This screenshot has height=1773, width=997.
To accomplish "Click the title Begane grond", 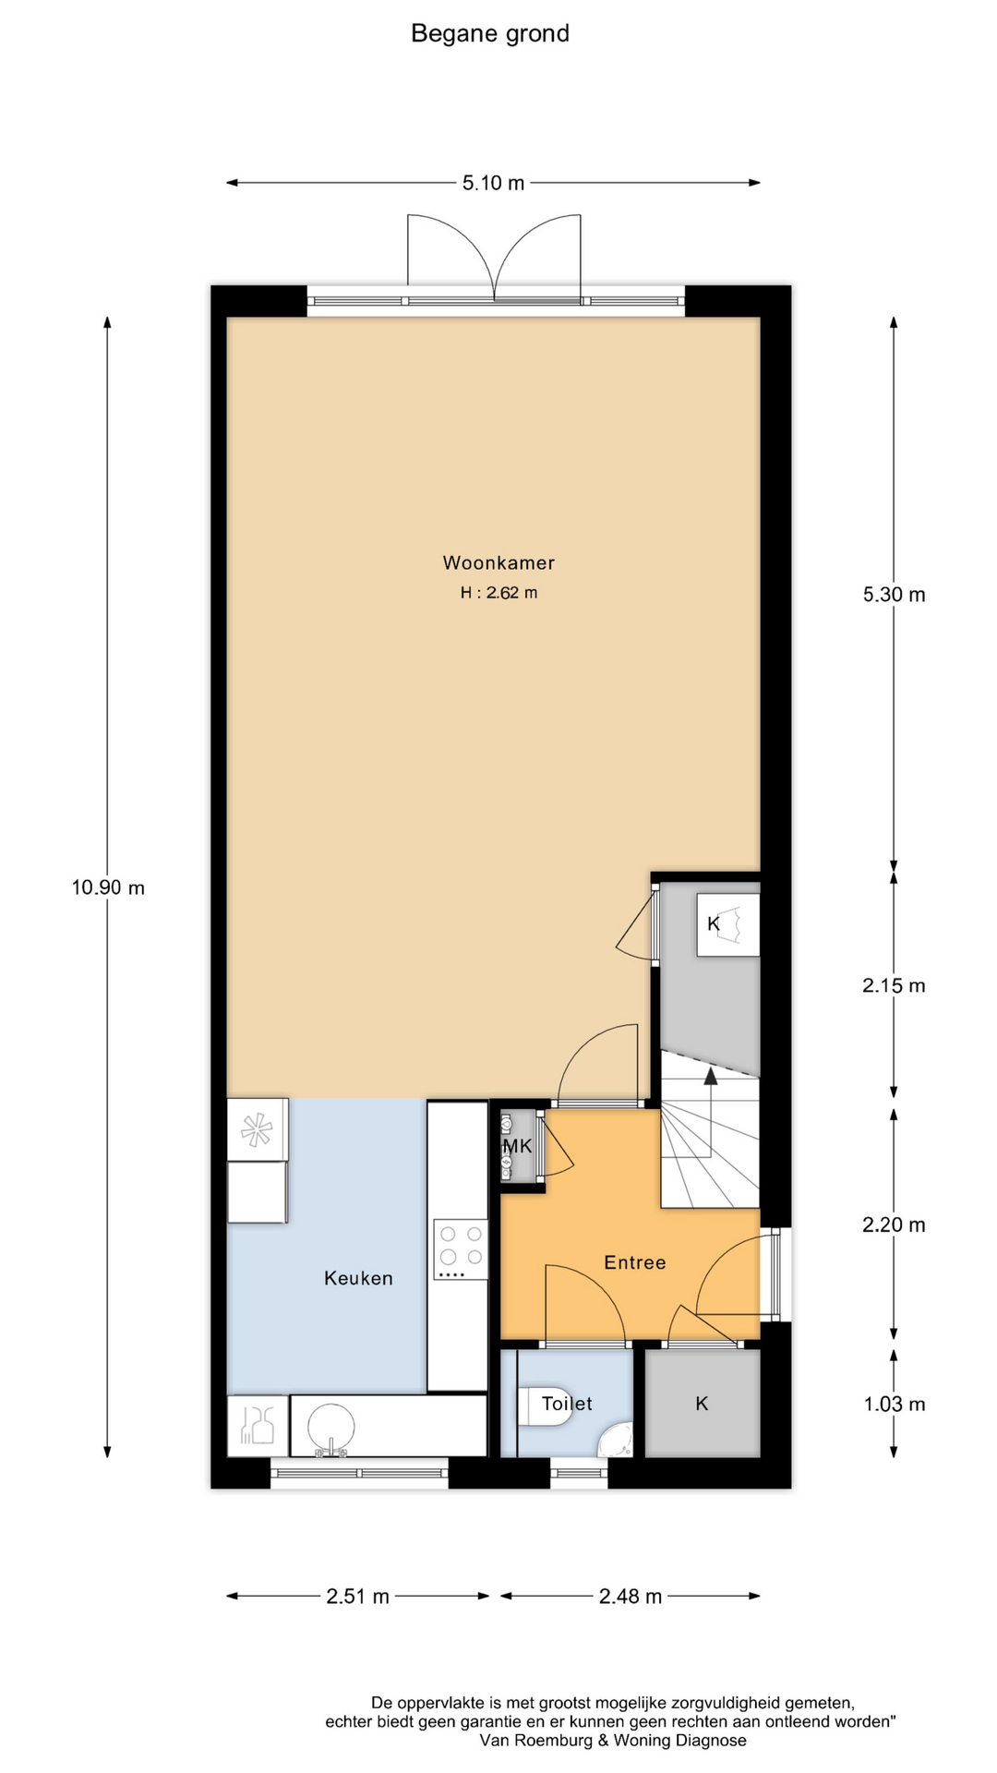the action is [x=489, y=34].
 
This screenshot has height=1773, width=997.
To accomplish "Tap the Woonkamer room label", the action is [x=498, y=562].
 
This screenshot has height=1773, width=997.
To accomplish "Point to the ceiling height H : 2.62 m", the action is [x=498, y=593].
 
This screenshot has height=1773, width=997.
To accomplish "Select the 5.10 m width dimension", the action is [x=493, y=183].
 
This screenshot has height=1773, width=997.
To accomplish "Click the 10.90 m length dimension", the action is [x=108, y=887].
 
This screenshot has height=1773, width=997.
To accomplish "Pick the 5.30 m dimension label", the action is [x=894, y=595].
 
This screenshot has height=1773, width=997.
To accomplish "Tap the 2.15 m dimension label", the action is [x=894, y=985].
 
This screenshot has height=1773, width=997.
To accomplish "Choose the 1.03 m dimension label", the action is [x=894, y=1404].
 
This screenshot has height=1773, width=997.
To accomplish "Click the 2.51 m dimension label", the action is [x=357, y=1596].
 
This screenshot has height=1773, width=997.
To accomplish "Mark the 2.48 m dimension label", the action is [x=631, y=1596].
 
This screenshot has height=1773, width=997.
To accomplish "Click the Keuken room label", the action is [x=358, y=1278].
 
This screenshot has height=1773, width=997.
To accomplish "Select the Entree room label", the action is [x=634, y=1262].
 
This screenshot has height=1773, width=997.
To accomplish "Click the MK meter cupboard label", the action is [x=517, y=1146].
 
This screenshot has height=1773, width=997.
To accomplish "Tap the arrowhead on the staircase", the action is [x=710, y=1075].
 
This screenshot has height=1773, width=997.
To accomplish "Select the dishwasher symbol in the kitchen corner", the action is [x=258, y=1425].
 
